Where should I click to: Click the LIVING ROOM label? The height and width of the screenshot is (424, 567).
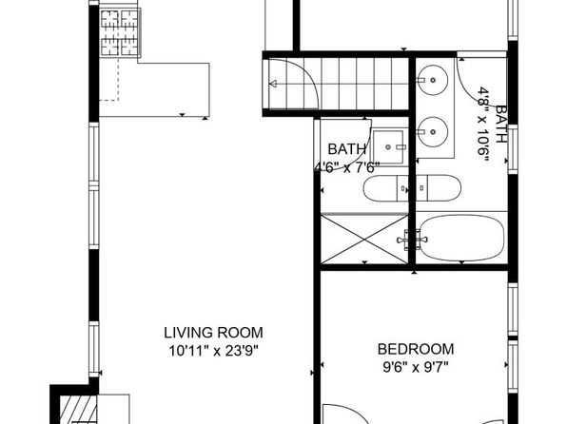coord(213,333)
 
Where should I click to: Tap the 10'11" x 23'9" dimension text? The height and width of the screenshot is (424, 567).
coord(214,351)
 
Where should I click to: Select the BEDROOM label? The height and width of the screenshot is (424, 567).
coord(416,349)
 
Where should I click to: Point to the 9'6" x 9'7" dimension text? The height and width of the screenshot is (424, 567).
coord(416,367)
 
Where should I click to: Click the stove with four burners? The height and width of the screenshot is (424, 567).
coord(119,32)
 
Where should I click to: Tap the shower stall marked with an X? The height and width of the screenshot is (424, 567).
coord(364,239)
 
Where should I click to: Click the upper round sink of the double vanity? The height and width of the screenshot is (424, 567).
coord(433,80)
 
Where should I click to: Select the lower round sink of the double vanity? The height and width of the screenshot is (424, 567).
coord(433,132)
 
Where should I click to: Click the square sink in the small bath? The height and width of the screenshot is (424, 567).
coord(389,147)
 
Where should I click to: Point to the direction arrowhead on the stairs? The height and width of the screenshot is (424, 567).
coord(273,84)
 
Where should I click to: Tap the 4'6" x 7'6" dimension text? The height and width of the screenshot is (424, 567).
coord(347,167)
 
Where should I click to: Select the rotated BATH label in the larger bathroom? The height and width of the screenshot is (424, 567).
coord(500,124)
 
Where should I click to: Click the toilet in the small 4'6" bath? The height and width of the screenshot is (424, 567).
coord(385,188)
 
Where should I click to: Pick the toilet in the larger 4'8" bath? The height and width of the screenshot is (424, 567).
coord(439,188)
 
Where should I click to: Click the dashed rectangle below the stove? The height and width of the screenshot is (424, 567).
coord(109,79)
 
